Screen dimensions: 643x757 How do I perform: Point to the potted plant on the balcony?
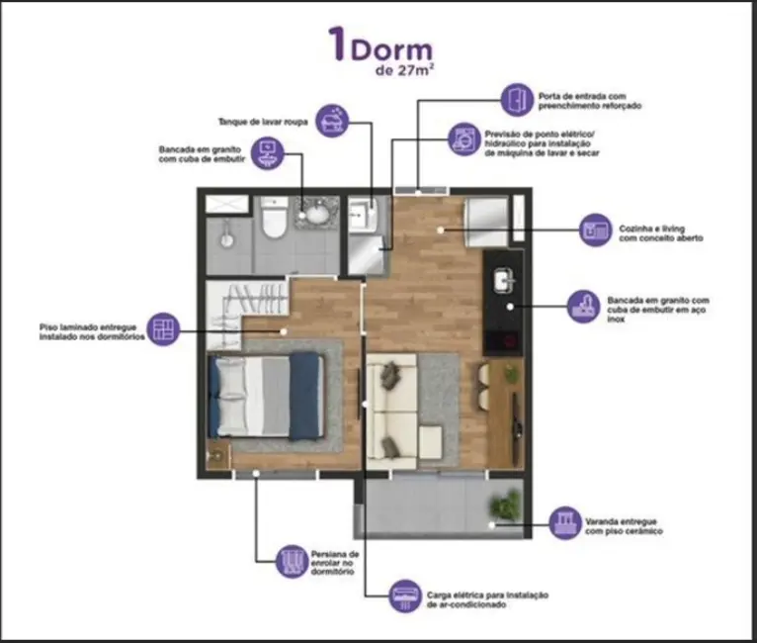click(506, 505)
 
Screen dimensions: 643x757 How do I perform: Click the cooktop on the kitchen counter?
click(505, 342)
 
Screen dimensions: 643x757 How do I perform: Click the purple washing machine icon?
click(462, 138)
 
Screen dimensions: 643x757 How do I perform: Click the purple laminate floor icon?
click(162, 327)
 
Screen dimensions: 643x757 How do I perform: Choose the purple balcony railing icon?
click(564, 521)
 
